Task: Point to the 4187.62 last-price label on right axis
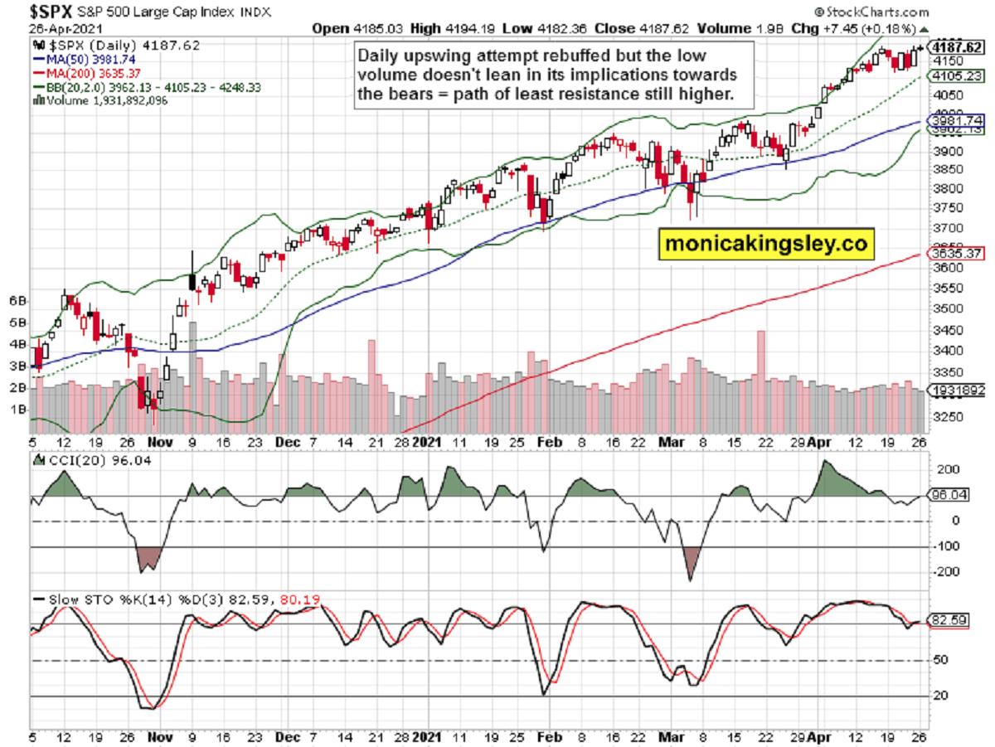(959, 46)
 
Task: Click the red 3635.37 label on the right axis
(957, 253)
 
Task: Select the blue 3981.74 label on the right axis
(957, 120)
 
